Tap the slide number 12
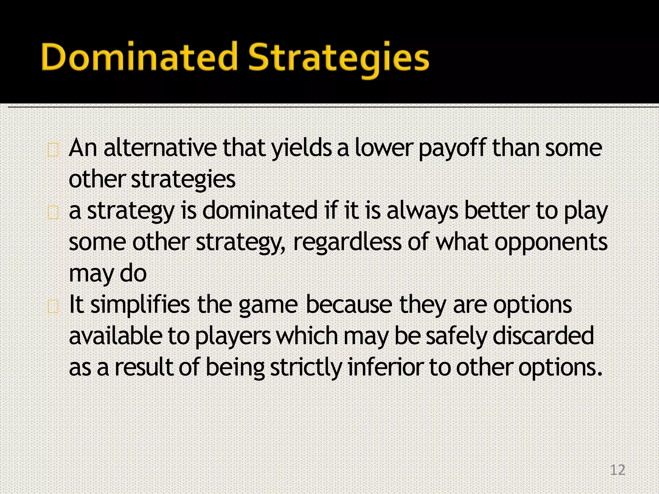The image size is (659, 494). (617, 470)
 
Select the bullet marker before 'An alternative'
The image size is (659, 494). (53, 150)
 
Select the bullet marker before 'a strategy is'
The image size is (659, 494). (53, 213)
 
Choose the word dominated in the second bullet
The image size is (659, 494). (260, 211)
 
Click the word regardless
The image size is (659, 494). (347, 242)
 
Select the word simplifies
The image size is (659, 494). (140, 305)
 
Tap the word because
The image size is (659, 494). (349, 305)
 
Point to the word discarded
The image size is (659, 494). (543, 336)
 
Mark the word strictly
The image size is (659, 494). (306, 367)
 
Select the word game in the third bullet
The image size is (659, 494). (268, 306)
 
